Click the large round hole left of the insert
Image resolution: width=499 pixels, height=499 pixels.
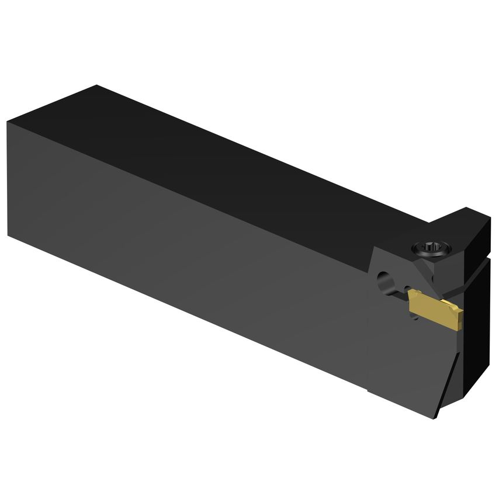tap(384, 280)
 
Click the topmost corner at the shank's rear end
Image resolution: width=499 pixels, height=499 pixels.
tap(96, 86)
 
